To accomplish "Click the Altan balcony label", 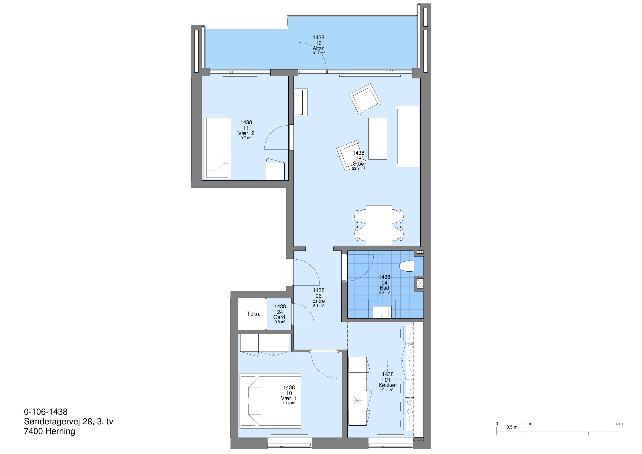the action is pyautogui.click(x=319, y=48).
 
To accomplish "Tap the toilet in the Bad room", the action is pyautogui.click(x=407, y=266).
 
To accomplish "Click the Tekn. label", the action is pyautogui.click(x=254, y=314).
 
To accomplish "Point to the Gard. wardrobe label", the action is pyautogui.click(x=280, y=317).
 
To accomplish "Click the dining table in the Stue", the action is pyautogui.click(x=379, y=225).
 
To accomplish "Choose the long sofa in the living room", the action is pyautogui.click(x=407, y=136).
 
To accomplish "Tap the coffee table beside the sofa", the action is pyautogui.click(x=378, y=139).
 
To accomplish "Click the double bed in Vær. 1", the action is pyautogui.click(x=270, y=401).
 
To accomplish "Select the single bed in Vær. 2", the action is pyautogui.click(x=217, y=148).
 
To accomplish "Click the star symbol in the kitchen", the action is pyautogui.click(x=358, y=401).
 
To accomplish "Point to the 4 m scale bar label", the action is pyautogui.click(x=619, y=424).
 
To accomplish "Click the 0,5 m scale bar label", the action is pyautogui.click(x=512, y=427).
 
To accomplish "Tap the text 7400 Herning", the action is pyautogui.click(x=49, y=431).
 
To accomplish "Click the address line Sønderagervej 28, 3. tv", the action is pyautogui.click(x=69, y=422).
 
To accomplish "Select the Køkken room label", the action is pyautogui.click(x=388, y=385).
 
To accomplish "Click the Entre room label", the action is pyautogui.click(x=319, y=301).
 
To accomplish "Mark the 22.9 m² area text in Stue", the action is pyautogui.click(x=358, y=168).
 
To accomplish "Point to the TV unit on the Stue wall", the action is pyautogui.click(x=301, y=102).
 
